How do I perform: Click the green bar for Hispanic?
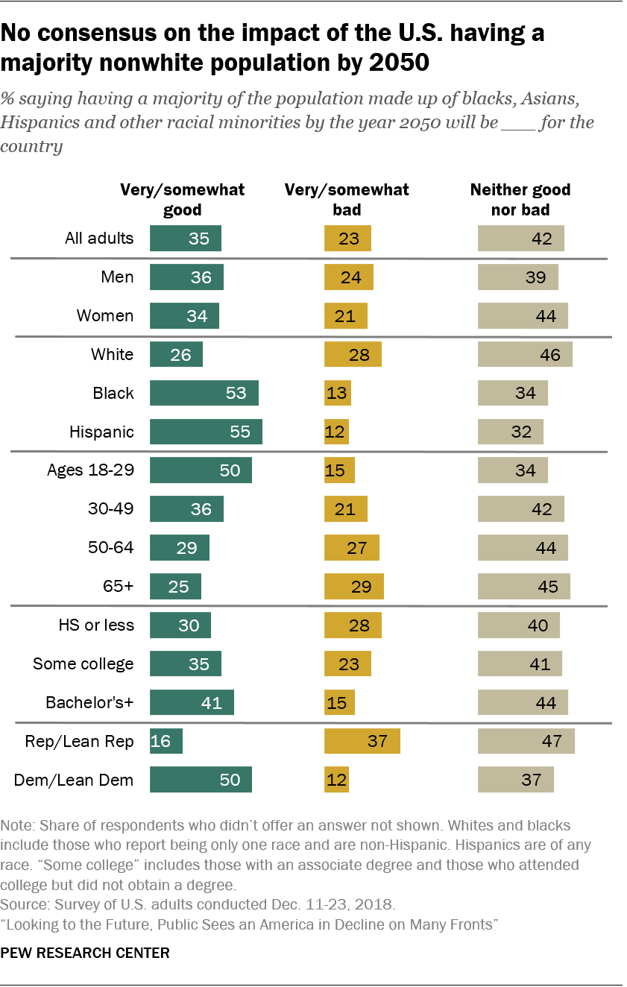206,432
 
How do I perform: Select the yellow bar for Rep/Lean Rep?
362,742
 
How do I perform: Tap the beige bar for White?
525,354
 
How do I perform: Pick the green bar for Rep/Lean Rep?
166,742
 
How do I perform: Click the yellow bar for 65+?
353,587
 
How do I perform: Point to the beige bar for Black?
512,393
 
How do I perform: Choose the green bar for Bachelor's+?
192,703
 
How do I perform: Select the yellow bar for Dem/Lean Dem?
336,781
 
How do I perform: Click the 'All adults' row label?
99,239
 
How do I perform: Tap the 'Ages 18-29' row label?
90,470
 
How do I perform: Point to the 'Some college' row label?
84,664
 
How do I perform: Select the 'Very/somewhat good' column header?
183,199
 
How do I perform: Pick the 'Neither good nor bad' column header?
520,199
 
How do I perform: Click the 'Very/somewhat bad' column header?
347,199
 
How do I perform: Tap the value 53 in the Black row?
236,393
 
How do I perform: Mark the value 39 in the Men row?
536,277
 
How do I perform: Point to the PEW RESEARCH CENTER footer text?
85,953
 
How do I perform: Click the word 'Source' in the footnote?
22,905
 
